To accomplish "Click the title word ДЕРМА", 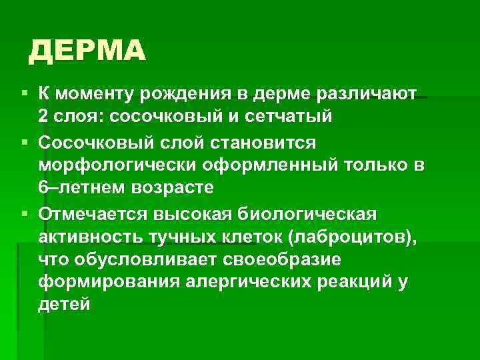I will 87,51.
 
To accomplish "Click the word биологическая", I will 306,214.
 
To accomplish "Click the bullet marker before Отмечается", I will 25,215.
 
